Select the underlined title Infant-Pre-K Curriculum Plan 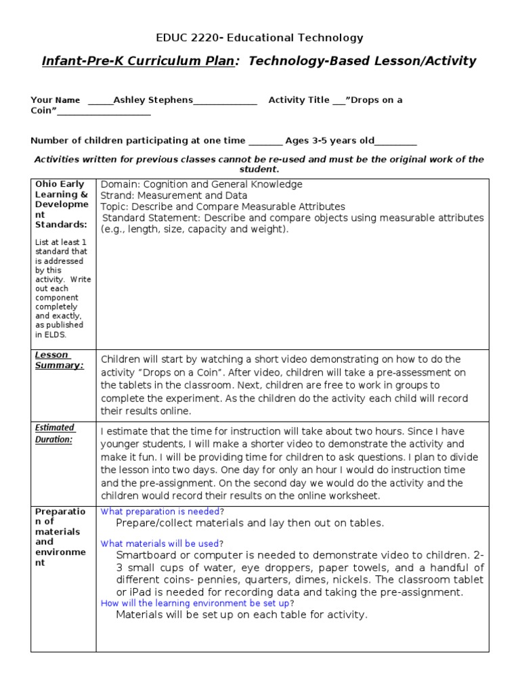tap(138, 61)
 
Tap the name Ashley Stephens tap(153, 100)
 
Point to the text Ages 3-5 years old tap(329, 141)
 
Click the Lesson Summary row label tap(60, 360)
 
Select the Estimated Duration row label tap(55, 433)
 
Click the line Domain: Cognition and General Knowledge tap(201, 184)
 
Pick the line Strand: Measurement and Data tap(174, 196)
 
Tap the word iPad tap(129, 592)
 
